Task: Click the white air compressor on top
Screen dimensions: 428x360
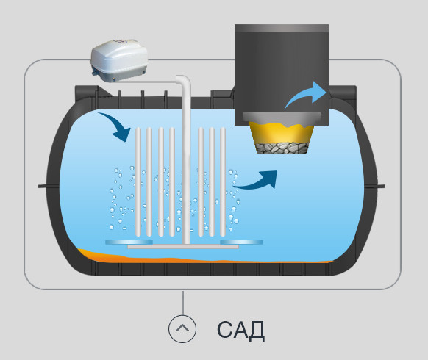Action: (119, 60)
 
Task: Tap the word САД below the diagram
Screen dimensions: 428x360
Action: (240, 330)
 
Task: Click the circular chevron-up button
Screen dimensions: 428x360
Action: (182, 329)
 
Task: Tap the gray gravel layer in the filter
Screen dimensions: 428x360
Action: (282, 148)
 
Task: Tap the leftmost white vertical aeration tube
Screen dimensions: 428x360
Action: (138, 182)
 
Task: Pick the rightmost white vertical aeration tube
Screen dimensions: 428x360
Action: (223, 182)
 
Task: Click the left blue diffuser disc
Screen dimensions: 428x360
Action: (129, 242)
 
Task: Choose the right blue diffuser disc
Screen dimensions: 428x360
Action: (241, 242)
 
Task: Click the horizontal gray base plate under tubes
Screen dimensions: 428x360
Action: (183, 247)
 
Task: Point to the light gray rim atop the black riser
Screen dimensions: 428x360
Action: (282, 29)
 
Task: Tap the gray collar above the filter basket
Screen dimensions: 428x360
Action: (282, 117)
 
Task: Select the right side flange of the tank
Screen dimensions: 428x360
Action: (375, 187)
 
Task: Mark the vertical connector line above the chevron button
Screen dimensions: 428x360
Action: (183, 303)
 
